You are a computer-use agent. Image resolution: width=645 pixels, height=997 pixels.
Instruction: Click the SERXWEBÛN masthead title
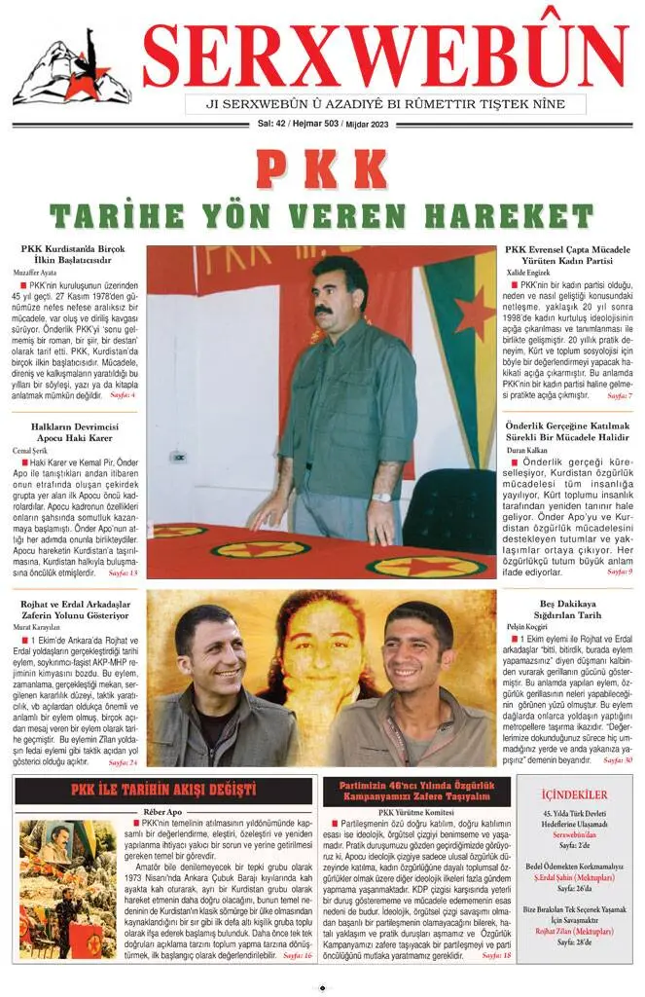tap(385, 55)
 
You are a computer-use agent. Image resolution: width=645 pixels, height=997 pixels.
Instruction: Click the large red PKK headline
tap(322, 169)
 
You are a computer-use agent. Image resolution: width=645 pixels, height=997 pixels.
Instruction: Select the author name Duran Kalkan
tap(526, 452)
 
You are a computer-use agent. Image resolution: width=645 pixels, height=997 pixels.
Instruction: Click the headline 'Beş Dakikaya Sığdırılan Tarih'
tap(569, 609)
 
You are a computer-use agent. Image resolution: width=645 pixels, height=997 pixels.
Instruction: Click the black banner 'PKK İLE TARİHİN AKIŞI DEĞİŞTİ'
tap(163, 790)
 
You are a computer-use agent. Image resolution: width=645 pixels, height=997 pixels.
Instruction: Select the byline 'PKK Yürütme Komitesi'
tap(417, 811)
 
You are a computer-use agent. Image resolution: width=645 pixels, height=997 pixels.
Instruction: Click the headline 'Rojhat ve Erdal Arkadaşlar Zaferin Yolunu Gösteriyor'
tap(75, 609)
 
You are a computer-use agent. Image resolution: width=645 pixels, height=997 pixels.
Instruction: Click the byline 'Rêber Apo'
tap(163, 811)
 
